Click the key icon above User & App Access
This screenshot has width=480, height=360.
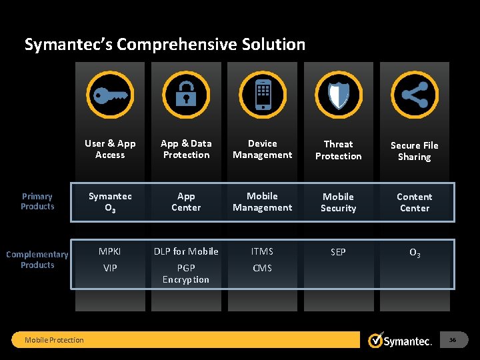coord(110,95)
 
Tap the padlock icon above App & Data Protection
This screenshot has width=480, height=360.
coord(186,95)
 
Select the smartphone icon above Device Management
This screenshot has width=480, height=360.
coord(263,95)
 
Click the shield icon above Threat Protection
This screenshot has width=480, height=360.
coord(339,95)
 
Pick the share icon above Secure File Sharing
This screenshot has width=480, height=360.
coord(415,95)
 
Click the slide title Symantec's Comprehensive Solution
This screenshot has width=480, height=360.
coord(165,45)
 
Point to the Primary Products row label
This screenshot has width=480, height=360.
coord(37,201)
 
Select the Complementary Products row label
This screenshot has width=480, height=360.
coord(37,259)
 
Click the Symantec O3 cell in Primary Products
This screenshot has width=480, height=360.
coord(110,202)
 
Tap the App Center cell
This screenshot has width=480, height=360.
coord(186,202)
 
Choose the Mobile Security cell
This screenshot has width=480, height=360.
coord(339,203)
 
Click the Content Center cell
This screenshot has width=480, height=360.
coord(415,203)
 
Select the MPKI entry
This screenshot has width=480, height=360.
coord(110,251)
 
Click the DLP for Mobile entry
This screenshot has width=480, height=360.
coord(186,251)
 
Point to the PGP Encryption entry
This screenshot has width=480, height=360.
coord(186,273)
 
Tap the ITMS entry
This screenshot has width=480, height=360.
coord(263,251)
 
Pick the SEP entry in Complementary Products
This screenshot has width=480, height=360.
coord(339,252)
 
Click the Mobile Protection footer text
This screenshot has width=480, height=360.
coord(54,340)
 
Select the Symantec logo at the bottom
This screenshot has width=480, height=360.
coord(401,341)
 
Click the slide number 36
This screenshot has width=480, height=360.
coord(453,340)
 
